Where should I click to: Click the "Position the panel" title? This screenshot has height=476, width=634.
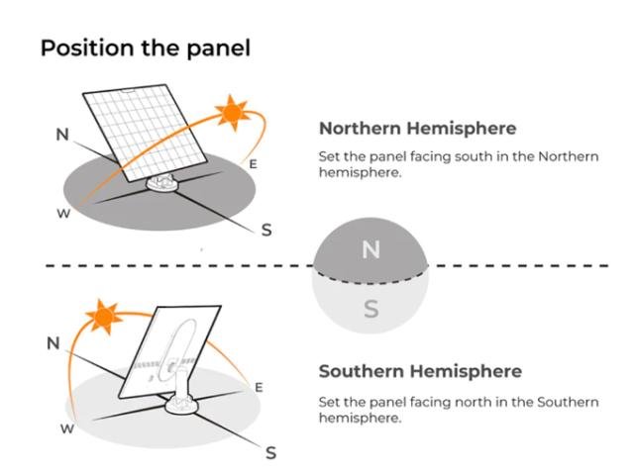click(146, 48)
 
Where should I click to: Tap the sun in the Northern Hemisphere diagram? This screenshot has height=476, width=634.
click(232, 113)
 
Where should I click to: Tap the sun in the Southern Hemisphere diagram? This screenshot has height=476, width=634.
click(104, 317)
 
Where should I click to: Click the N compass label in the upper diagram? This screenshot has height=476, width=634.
click(62, 135)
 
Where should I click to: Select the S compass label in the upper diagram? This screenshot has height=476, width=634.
click(266, 231)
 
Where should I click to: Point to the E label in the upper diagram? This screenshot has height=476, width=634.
click(254, 164)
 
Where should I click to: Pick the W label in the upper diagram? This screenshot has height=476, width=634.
click(63, 214)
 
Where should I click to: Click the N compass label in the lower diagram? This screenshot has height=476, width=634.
click(53, 343)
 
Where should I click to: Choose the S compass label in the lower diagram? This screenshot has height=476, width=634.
click(270, 453)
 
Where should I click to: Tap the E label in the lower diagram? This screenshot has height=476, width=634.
click(260, 388)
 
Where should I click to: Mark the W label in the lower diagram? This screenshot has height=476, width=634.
click(67, 428)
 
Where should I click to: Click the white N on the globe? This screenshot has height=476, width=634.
click(370, 250)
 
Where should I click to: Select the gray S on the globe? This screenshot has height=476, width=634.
click(371, 309)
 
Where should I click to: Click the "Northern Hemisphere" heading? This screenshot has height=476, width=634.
click(418, 129)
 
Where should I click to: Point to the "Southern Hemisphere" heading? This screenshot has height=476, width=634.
click(420, 371)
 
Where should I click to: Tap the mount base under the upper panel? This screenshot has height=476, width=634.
click(163, 183)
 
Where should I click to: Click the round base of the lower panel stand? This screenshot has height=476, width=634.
click(181, 405)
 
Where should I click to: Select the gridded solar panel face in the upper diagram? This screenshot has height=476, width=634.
click(146, 133)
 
